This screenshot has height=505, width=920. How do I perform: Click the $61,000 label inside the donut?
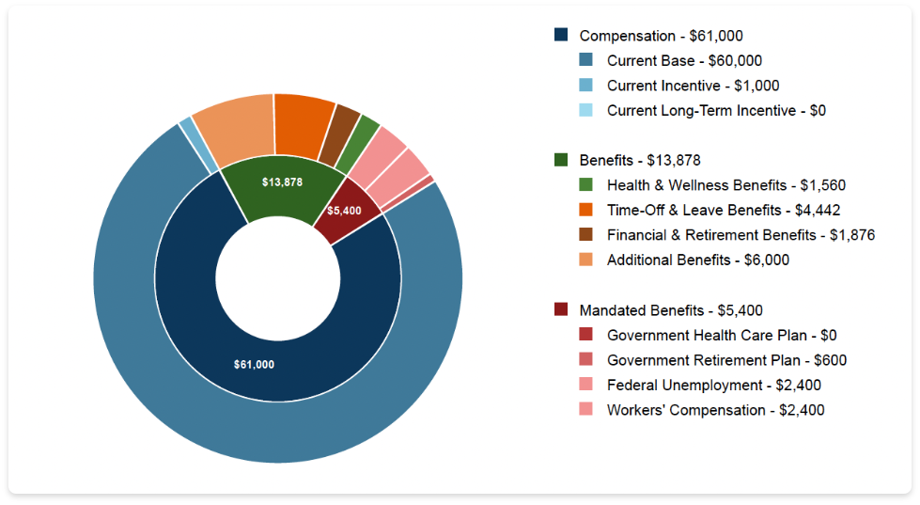coord(254,364)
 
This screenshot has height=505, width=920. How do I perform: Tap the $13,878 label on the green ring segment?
coord(282,181)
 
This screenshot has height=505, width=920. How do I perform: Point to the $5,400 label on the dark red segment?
coord(345,210)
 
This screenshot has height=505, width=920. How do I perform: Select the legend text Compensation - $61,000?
coord(661,36)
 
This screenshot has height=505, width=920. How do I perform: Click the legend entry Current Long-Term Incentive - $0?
coord(716,110)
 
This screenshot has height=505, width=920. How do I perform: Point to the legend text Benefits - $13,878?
coord(640,160)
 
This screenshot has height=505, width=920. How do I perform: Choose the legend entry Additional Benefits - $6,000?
coord(698,260)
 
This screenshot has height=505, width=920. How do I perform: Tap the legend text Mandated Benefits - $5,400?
coord(671,309)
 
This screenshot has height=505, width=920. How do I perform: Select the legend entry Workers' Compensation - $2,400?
coord(716,410)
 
